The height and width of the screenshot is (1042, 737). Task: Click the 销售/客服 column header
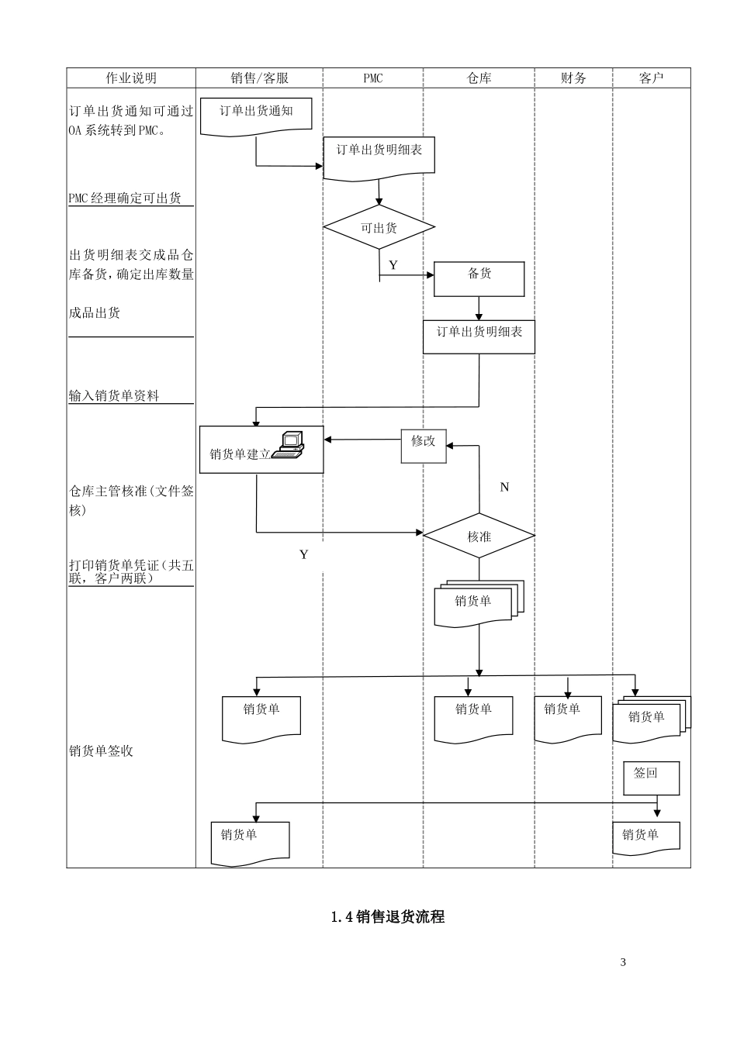pyautogui.click(x=259, y=78)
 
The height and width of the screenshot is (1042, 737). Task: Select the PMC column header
pyautogui.click(x=372, y=78)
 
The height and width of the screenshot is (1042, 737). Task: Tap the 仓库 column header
pyautogui.click(x=479, y=78)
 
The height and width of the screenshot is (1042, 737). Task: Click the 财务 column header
pyautogui.click(x=573, y=78)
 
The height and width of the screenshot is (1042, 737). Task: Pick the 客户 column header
pyautogui.click(x=651, y=78)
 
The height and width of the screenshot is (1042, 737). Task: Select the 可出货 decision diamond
pyautogui.click(x=379, y=228)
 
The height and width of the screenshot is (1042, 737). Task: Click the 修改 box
pyautogui.click(x=424, y=446)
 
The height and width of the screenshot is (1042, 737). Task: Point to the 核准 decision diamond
pyautogui.click(x=479, y=536)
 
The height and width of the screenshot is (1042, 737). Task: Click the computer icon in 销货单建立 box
pyautogui.click(x=288, y=444)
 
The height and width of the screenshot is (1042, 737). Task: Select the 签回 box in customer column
pyautogui.click(x=651, y=777)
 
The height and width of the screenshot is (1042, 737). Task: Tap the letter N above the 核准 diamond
pyautogui.click(x=504, y=487)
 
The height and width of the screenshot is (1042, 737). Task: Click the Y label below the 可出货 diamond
pyautogui.click(x=393, y=265)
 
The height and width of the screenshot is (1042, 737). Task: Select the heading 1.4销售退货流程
pyautogui.click(x=387, y=916)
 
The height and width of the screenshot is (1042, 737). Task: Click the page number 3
pyautogui.click(x=623, y=962)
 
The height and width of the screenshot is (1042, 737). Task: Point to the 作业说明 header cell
pyautogui.click(x=131, y=78)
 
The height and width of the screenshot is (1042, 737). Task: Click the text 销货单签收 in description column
pyautogui.click(x=101, y=750)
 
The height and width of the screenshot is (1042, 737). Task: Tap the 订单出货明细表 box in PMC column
pyautogui.click(x=379, y=156)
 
